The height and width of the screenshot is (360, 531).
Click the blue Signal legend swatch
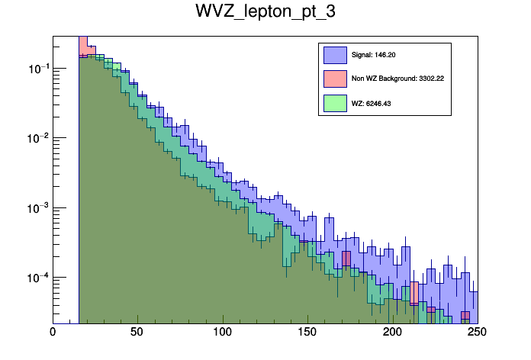tap(334, 55)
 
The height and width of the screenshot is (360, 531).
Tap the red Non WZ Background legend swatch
tap(334, 79)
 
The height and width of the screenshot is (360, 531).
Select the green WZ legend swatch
tap(334, 102)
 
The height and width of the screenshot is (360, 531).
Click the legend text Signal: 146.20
tap(374, 55)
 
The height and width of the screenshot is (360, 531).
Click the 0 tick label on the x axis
tap(53, 333)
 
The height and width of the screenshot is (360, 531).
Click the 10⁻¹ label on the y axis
tap(37, 69)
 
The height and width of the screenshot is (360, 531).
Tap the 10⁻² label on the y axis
tap(37, 138)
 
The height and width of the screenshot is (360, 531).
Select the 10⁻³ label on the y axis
tap(37, 207)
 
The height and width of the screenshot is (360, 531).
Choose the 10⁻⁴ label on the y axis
tap(37, 277)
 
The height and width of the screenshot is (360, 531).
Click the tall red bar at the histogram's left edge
tap(83, 46)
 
